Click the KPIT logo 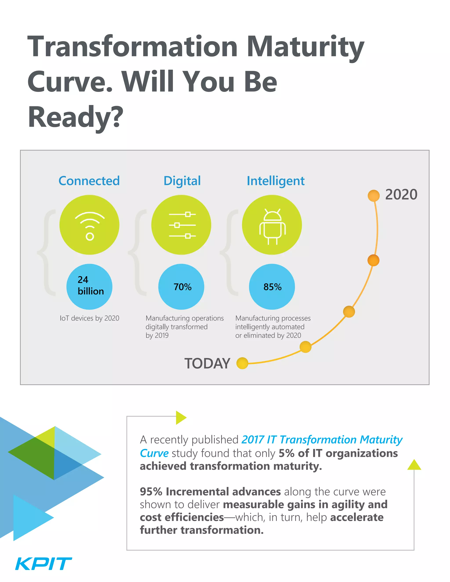44,564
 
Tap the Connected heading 89,181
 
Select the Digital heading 182,181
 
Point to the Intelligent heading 275,181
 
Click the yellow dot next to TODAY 242,363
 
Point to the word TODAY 207,363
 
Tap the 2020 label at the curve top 401,194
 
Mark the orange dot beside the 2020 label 374,196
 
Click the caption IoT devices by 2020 89,318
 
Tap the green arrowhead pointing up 414,465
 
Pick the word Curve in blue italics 154,453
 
